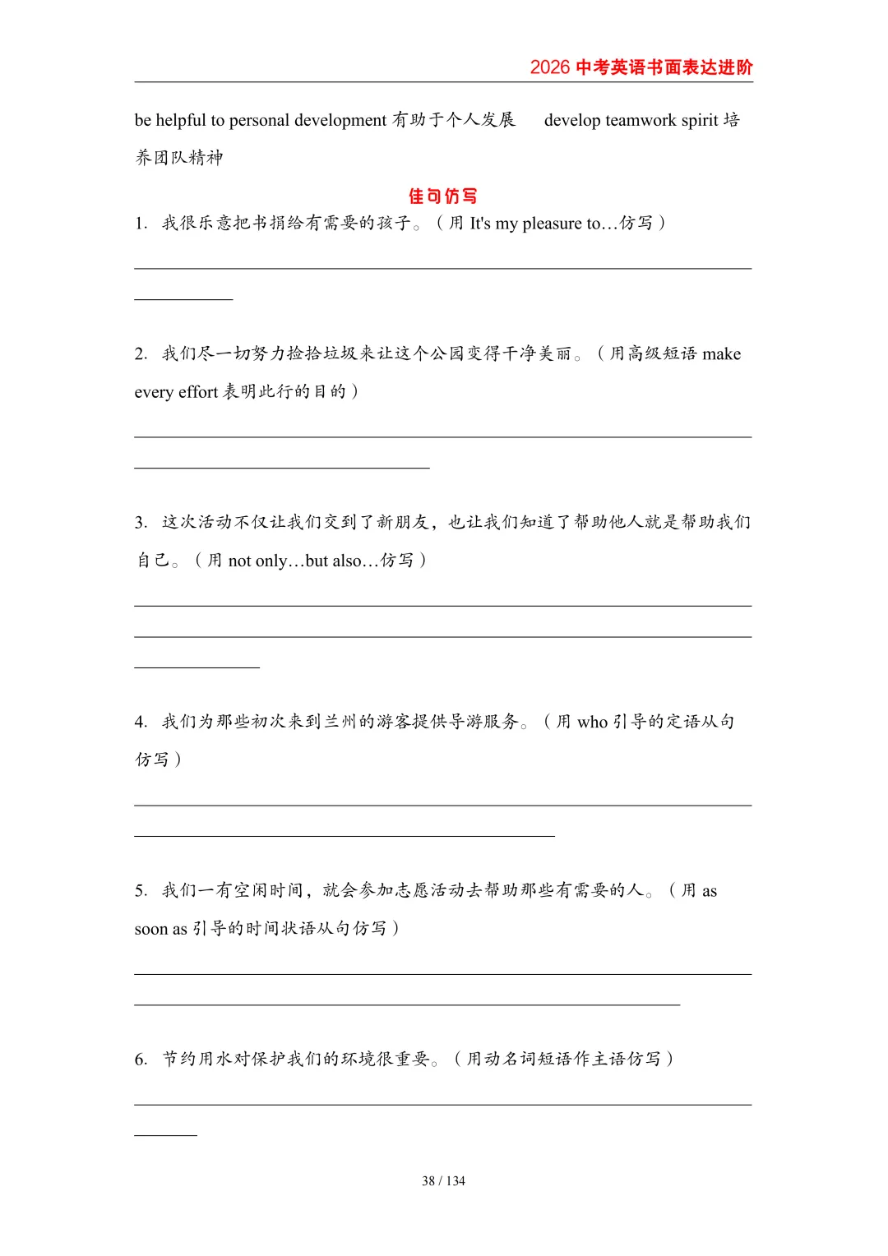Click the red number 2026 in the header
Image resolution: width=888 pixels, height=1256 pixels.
[x=549, y=67]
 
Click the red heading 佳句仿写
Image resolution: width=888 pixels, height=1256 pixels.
[x=443, y=196]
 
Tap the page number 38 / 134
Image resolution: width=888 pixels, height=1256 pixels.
[x=443, y=1181]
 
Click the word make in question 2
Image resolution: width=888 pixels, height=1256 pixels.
[x=721, y=354]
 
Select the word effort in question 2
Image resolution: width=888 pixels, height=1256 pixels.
[x=198, y=392]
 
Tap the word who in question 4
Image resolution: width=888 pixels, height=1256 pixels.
[x=592, y=723]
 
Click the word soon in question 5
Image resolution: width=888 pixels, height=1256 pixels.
[x=151, y=929]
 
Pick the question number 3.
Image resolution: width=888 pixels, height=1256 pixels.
[x=141, y=523]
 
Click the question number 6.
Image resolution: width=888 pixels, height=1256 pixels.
[x=141, y=1060]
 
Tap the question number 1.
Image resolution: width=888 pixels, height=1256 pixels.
[x=141, y=224]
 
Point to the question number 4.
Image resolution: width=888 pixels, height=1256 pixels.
[x=141, y=723]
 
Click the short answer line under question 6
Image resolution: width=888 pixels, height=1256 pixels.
[x=165, y=1135]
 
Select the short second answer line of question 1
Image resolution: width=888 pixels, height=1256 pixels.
[x=183, y=299]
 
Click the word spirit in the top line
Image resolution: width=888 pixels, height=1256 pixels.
[x=700, y=120]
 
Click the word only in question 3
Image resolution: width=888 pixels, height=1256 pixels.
[x=271, y=561]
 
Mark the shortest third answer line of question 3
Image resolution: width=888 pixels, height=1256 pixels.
[x=197, y=667]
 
